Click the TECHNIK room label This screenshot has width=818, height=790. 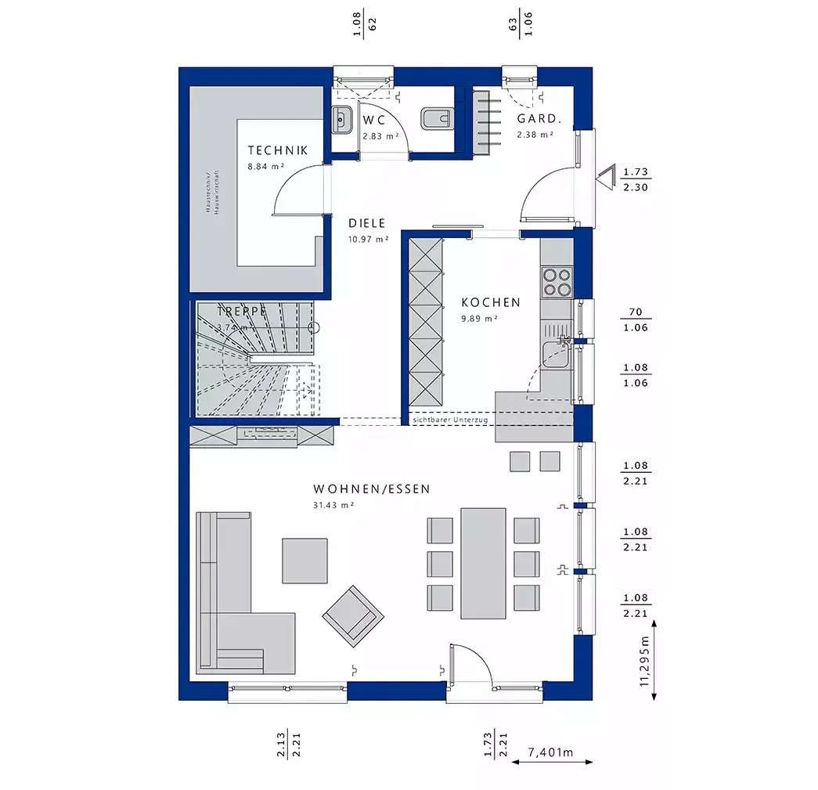[x=277, y=150]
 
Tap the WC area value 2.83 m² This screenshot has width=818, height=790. [x=380, y=135]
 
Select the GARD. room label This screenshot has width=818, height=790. [x=539, y=119]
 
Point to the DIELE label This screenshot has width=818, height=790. [x=368, y=222]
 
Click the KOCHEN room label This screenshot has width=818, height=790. [x=490, y=302]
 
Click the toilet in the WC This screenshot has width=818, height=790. [x=436, y=119]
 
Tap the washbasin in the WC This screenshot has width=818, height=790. [x=341, y=120]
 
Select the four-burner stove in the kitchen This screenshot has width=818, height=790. [x=557, y=282]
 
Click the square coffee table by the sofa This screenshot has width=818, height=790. [x=304, y=560]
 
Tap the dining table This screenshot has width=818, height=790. [x=483, y=563]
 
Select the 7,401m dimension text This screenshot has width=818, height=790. [x=550, y=753]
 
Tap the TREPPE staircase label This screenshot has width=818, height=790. [x=241, y=311]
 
